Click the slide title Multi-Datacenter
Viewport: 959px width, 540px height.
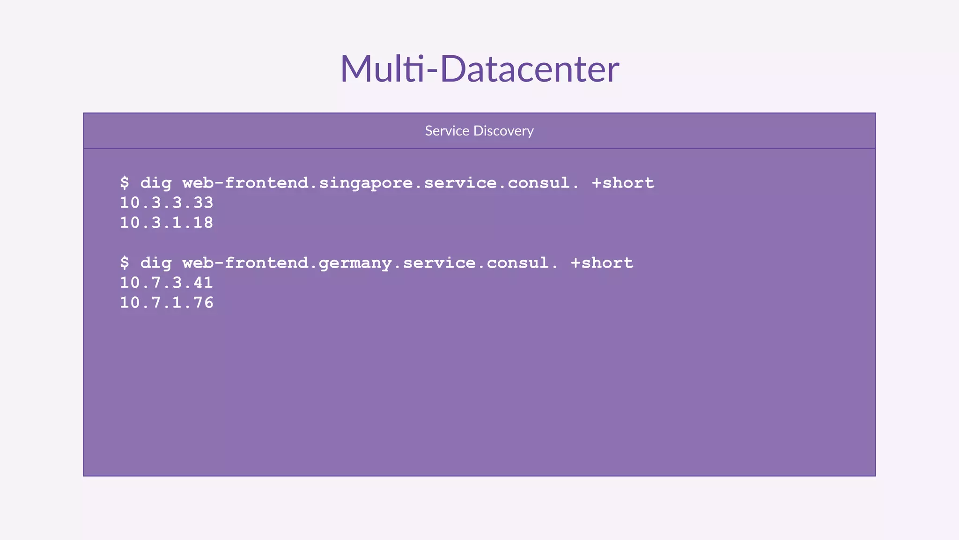pos(479,69)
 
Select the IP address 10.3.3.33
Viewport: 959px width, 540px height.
pos(167,203)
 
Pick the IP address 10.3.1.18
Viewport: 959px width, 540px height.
pos(167,223)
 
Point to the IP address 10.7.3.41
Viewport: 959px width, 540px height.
pos(167,283)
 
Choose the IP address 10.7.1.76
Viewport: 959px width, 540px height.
pos(167,303)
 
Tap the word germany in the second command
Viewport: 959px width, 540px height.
pos(355,263)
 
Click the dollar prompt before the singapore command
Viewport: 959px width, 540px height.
pos(125,183)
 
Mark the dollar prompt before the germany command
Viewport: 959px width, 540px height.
pos(125,263)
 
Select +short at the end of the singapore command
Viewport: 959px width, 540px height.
pos(623,183)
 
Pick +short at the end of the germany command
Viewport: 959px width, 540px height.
pos(602,263)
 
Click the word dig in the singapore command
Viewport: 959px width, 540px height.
pos(156,183)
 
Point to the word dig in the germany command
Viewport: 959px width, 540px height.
pos(156,263)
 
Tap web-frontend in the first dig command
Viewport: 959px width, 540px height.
pos(245,183)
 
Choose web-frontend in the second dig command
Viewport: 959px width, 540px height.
pos(245,263)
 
